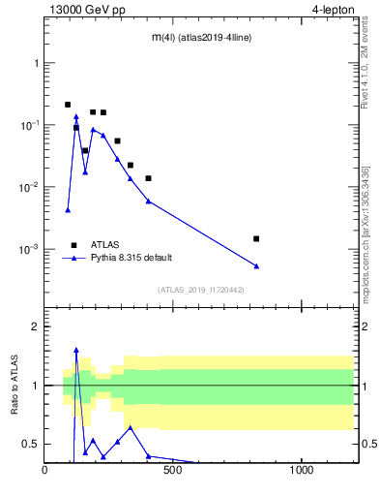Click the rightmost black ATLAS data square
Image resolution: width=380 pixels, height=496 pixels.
pos(256,238)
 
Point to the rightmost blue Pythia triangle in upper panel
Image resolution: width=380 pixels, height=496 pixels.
pos(256,266)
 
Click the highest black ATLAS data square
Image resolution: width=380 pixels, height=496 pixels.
pos(68,105)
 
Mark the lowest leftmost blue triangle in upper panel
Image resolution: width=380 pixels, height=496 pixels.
pos(68,209)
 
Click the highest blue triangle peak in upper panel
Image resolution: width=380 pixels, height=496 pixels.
pos(76,117)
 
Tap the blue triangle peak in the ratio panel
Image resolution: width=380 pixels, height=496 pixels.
pos(76,350)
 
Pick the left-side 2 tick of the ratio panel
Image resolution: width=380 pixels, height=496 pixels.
pos(35,326)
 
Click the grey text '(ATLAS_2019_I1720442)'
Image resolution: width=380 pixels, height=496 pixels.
pos(199,290)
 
